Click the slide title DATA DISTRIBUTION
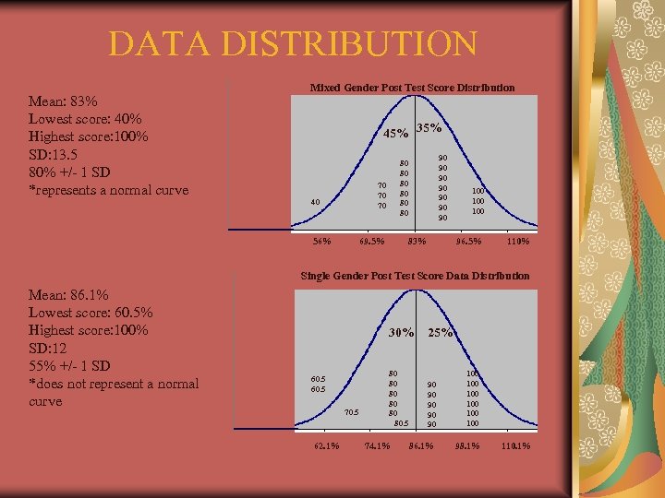292,43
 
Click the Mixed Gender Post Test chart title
412,88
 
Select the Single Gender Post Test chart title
416,276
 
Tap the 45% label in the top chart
396,134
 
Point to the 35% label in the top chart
429,127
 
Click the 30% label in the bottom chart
401,332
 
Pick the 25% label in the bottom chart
441,332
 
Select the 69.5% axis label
372,242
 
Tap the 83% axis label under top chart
417,242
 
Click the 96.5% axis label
469,242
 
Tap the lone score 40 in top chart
316,202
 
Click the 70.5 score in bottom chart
350,412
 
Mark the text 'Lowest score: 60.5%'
91,313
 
